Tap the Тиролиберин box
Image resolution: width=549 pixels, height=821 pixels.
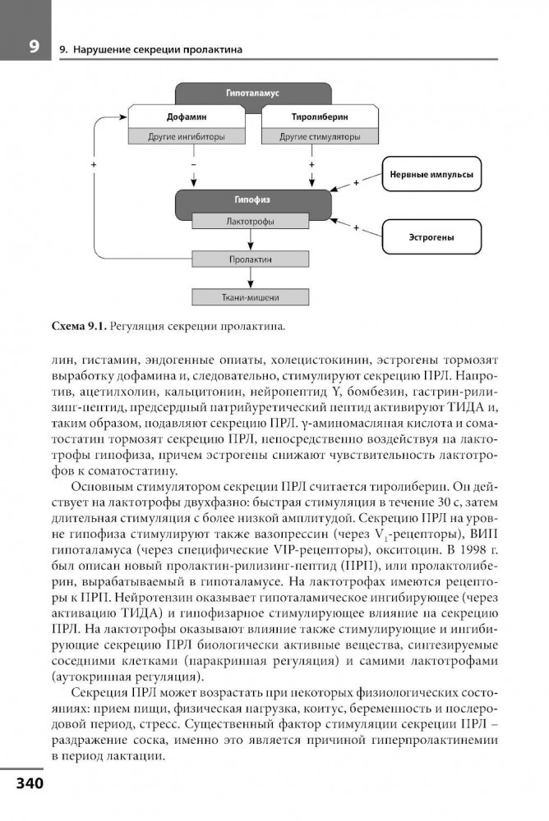pyautogui.click(x=313, y=117)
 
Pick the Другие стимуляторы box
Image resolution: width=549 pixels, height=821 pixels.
pyautogui.click(x=313, y=136)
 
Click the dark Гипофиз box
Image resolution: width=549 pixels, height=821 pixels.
pyautogui.click(x=253, y=200)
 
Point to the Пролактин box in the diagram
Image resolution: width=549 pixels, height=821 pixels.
pyautogui.click(x=251, y=259)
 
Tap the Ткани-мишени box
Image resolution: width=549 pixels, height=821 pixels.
pyautogui.click(x=251, y=297)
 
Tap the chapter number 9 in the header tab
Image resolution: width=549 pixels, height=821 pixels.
pyautogui.click(x=31, y=45)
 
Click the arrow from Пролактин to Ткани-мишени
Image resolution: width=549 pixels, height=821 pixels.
pyautogui.click(x=251, y=278)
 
